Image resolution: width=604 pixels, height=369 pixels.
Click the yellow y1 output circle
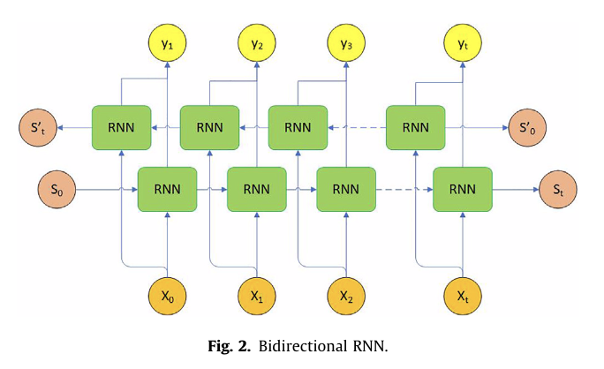pyautogui.click(x=167, y=41)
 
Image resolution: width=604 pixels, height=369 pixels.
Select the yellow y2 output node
pyautogui.click(x=256, y=41)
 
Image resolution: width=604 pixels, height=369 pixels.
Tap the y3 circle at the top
pyautogui.click(x=345, y=41)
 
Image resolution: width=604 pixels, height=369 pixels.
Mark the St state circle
pyautogui.click(x=560, y=188)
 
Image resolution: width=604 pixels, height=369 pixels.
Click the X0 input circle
pyautogui.click(x=167, y=297)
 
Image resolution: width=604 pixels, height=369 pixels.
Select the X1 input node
pyautogui.click(x=256, y=297)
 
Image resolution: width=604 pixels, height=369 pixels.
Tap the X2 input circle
pyautogui.click(x=345, y=297)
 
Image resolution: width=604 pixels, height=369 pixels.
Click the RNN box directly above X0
pyautogui.click(x=167, y=188)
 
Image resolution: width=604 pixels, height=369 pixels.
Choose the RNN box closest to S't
pyautogui.click(x=121, y=127)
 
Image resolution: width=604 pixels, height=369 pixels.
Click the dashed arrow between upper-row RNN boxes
pyautogui.click(x=357, y=127)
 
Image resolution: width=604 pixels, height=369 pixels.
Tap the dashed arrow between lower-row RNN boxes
pyautogui.click(x=404, y=188)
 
